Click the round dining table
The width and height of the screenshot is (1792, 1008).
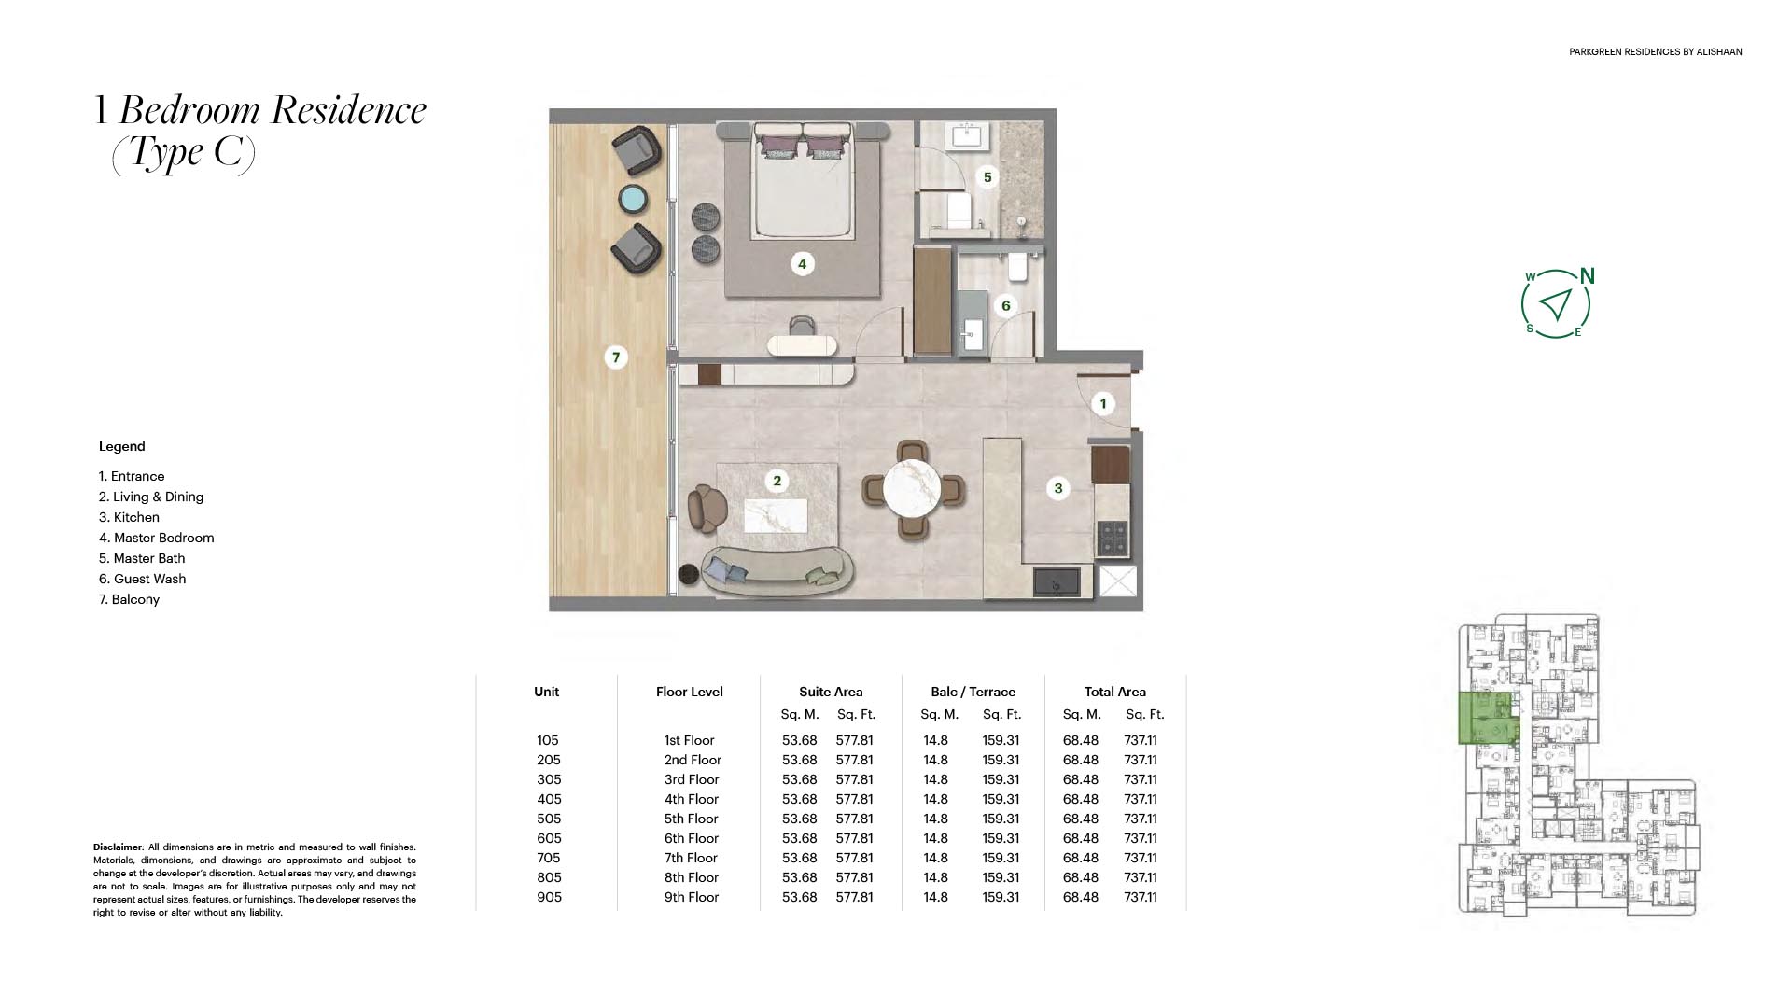tap(913, 489)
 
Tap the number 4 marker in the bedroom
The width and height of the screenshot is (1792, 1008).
tap(802, 264)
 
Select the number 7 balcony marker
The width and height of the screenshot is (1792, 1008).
tap(615, 357)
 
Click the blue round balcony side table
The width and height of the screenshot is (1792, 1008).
tap(634, 199)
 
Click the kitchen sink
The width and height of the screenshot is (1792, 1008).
tap(1057, 581)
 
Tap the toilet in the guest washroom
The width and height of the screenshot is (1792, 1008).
tap(1017, 267)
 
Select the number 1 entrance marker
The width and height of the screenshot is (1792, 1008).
tap(1103, 403)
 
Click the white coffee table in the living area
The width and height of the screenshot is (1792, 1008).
tap(776, 515)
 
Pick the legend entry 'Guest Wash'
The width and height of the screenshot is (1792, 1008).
tap(142, 579)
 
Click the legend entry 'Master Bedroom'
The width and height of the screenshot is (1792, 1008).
tap(156, 538)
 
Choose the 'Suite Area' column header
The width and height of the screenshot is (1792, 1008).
tap(831, 692)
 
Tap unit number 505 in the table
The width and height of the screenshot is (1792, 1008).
tap(549, 819)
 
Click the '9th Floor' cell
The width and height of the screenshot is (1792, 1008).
tap(691, 897)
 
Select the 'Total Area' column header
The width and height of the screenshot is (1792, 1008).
tap(1114, 692)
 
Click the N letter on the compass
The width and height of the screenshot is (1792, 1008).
tap(1587, 276)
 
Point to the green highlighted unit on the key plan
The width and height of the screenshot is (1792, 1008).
tap(1489, 718)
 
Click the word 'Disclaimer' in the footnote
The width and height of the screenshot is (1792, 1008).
tap(119, 847)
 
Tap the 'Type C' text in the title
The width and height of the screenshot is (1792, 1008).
tap(183, 152)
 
